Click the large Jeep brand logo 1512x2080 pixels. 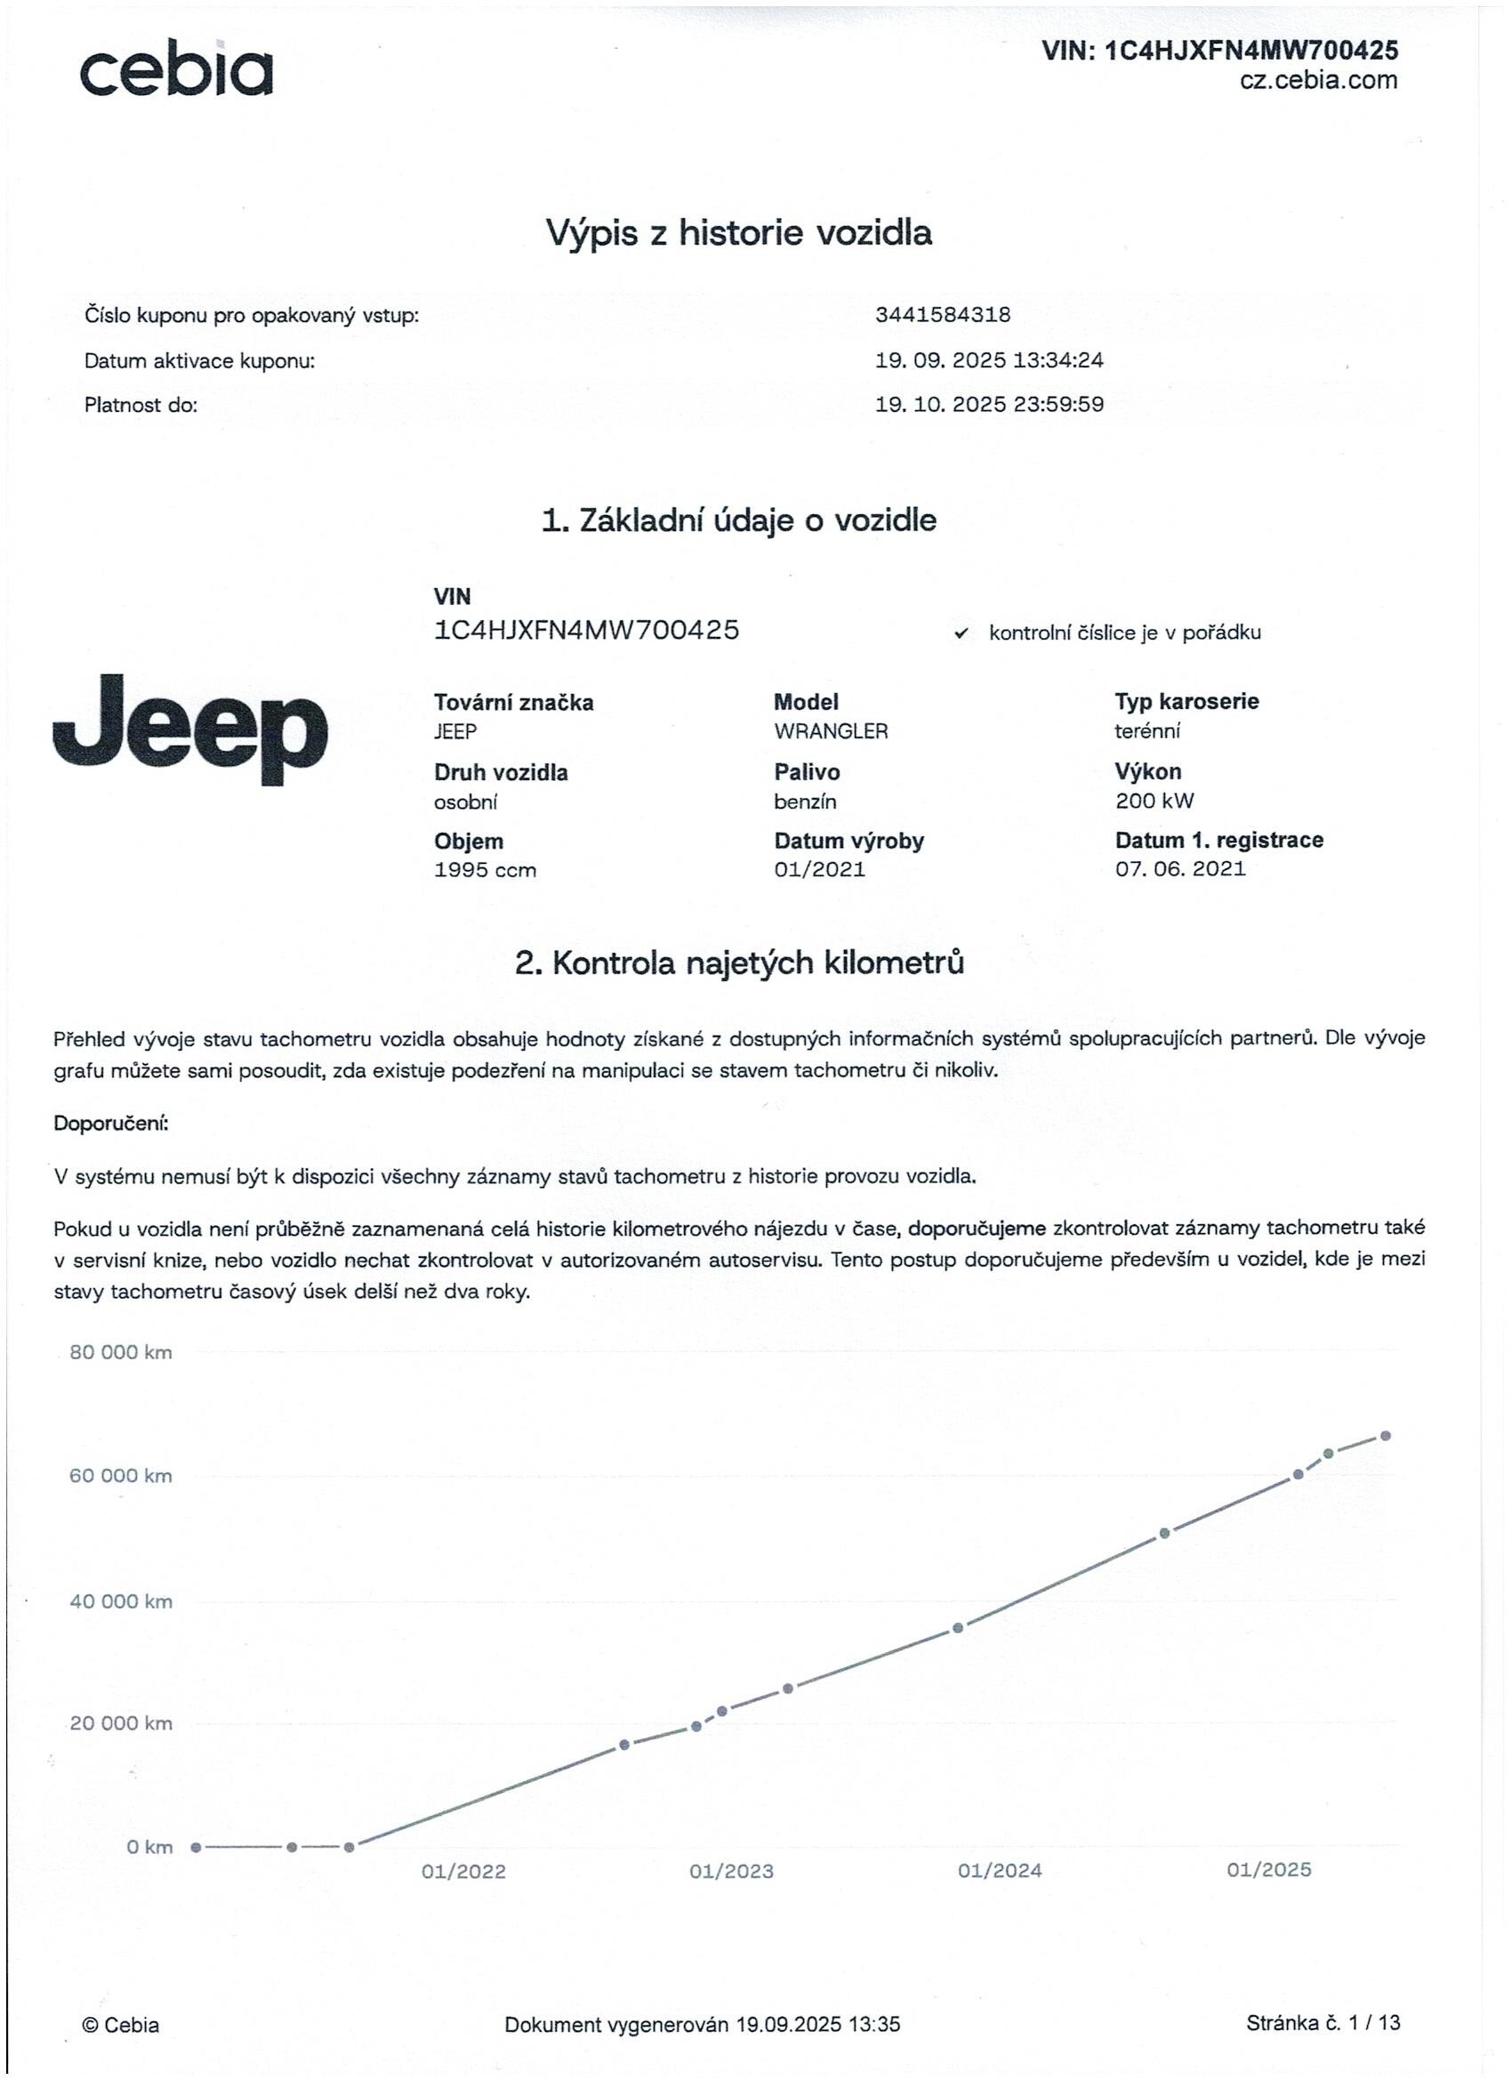[189, 730]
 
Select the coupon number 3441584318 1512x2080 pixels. [943, 315]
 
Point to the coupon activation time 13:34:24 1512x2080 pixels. [1058, 359]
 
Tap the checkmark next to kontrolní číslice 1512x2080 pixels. [961, 633]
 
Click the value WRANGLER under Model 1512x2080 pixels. [831, 731]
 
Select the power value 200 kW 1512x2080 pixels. [1154, 801]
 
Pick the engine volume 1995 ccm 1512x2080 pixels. [485, 869]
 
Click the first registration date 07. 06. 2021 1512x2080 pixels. [1180, 868]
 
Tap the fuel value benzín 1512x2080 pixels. [805, 802]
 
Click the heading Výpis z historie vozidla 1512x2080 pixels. [739, 232]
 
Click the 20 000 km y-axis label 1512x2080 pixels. [121, 1723]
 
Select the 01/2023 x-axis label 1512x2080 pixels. [732, 1871]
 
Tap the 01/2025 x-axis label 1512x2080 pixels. [1269, 1869]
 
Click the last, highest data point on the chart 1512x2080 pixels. [1386, 1435]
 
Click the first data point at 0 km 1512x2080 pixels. [196, 1847]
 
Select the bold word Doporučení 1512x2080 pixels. [111, 1123]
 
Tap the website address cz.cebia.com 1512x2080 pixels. [1318, 80]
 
